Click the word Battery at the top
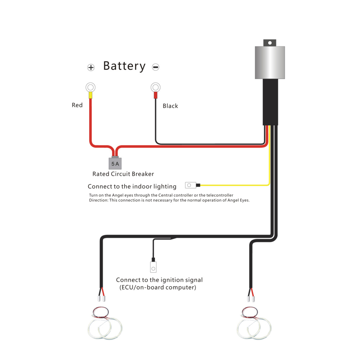124,66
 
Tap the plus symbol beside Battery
91,67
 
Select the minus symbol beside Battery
156,67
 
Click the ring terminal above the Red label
90,87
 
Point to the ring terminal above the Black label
155,87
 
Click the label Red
77,105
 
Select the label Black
170,106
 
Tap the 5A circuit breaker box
115,163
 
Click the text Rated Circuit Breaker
123,174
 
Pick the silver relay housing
270,62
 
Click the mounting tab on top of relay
270,42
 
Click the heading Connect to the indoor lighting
132,186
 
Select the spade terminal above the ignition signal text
154,267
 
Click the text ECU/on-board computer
158,287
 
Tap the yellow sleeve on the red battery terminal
90,95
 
